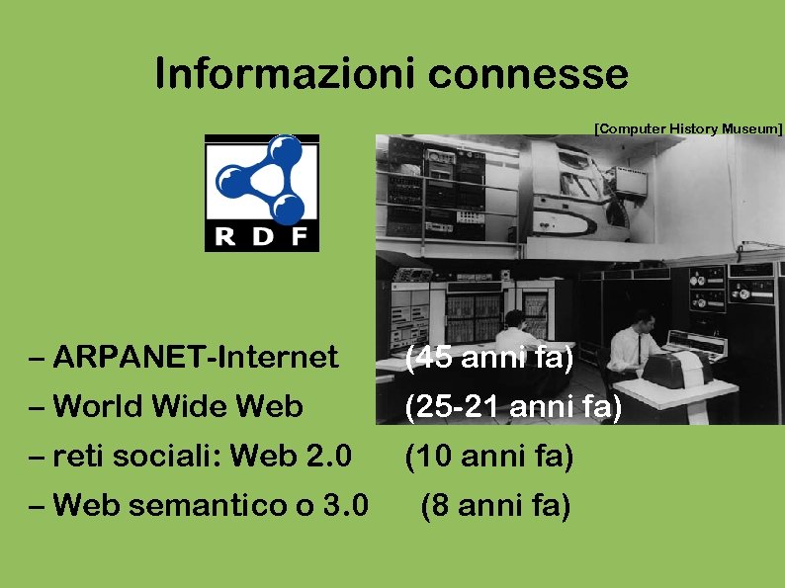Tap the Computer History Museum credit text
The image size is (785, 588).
pos(688,128)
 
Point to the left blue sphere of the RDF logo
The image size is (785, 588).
pos(231,179)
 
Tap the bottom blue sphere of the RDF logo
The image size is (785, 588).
pos(288,207)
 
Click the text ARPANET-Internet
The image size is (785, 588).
pos(196,356)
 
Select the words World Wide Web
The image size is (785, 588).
pos(178,405)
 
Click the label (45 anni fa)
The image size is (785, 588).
pos(489,357)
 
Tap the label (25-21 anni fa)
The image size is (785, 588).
pos(513,406)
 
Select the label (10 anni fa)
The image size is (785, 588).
pos(488,457)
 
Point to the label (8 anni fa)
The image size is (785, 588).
pos(495,507)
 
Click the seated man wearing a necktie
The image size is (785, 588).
pos(630,346)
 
